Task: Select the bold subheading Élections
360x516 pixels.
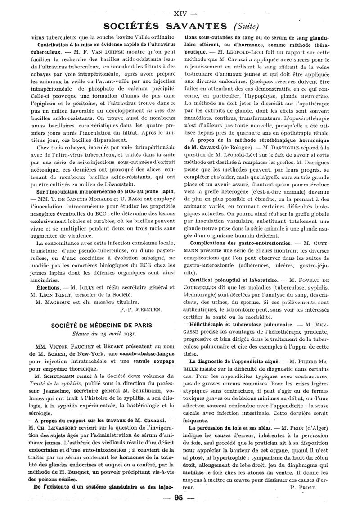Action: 47,287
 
